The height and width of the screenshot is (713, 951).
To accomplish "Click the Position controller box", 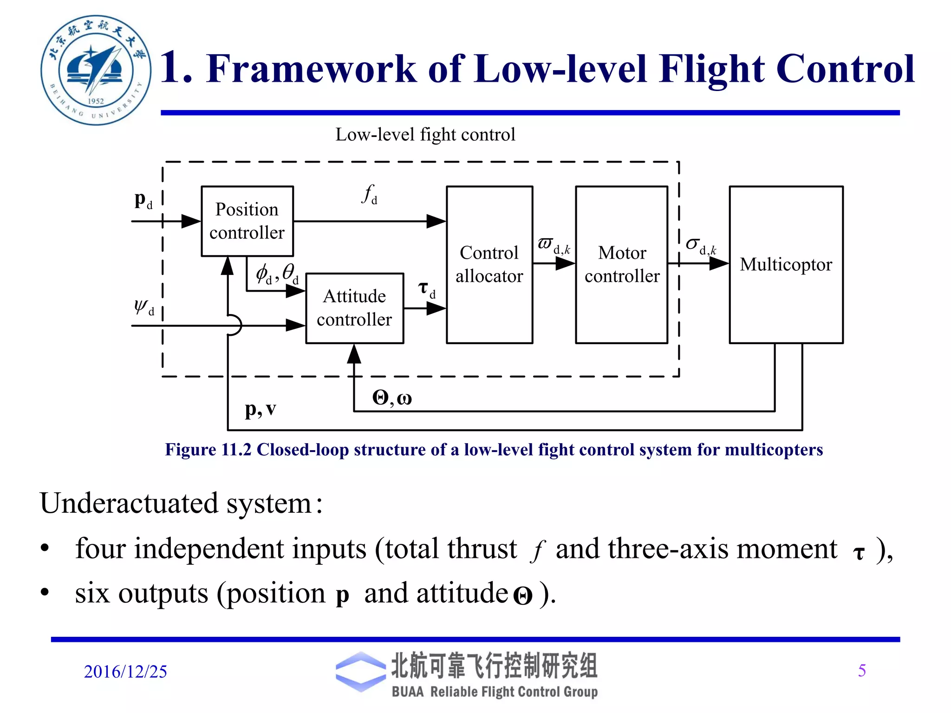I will (x=247, y=221).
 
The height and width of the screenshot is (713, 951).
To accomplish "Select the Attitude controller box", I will (x=354, y=308).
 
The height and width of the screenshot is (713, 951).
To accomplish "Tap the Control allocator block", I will (x=489, y=264).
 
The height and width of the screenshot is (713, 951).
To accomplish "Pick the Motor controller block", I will (x=621, y=264).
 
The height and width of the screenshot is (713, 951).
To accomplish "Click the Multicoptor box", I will (x=786, y=264).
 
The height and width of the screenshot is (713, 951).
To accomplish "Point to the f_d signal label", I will (x=370, y=194).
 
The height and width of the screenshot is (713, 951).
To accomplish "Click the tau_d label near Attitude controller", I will (x=426, y=290).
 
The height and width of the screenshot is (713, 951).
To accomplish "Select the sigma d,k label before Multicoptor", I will (x=700, y=246).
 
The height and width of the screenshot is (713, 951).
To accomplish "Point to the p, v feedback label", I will (x=261, y=409).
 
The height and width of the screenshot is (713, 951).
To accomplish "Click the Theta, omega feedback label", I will (x=392, y=398).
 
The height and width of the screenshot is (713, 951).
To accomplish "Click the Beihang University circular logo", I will (x=96, y=70).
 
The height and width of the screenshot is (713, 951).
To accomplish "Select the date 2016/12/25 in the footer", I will (x=125, y=672).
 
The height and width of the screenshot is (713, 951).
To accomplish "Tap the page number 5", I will (x=862, y=670).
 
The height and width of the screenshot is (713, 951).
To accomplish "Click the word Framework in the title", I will (x=312, y=69).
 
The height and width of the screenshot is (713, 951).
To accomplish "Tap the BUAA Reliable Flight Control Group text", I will (x=495, y=692).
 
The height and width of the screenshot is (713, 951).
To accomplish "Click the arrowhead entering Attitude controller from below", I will (x=354, y=354).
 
